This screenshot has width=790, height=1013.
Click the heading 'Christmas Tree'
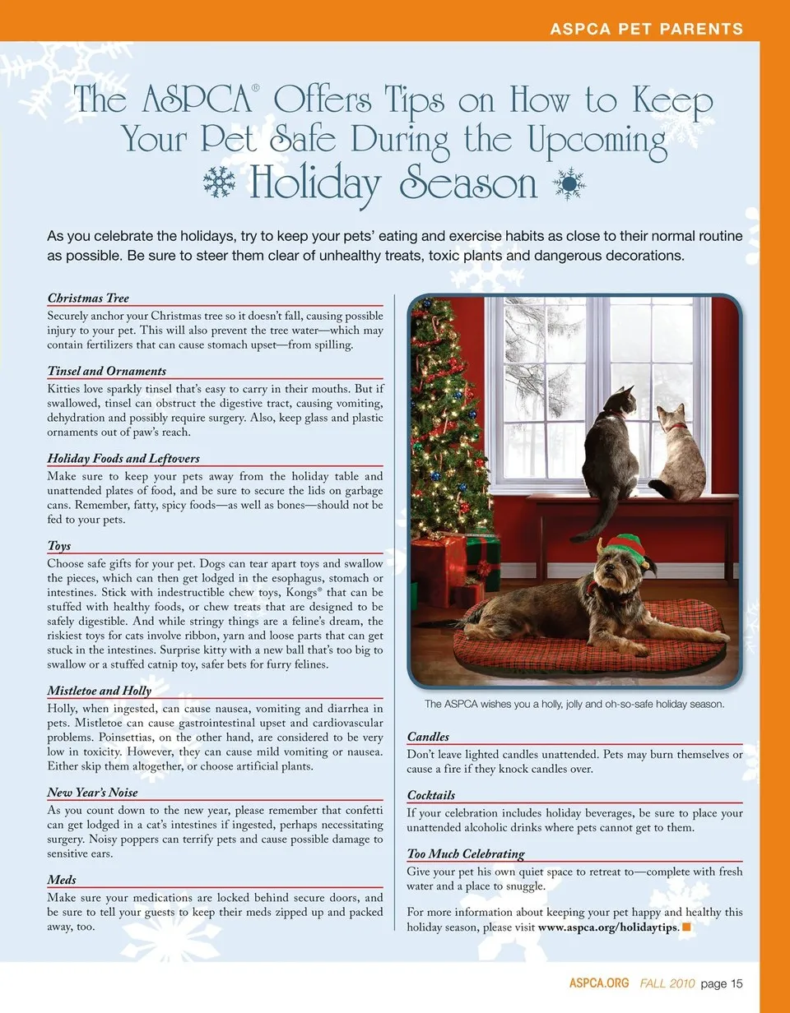point(88,298)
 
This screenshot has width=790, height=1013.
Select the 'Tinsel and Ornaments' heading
point(106,371)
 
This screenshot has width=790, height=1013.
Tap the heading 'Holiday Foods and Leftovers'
point(123,458)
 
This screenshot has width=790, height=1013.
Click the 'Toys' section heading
point(59,546)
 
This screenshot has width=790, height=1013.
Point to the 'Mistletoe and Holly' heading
point(100,691)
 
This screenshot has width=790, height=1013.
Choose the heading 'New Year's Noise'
point(92,793)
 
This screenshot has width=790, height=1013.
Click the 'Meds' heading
point(62,880)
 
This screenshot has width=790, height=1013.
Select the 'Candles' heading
point(428,737)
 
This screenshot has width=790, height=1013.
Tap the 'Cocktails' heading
point(431,795)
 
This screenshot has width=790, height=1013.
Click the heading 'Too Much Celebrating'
point(466,853)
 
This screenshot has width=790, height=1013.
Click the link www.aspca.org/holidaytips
point(608,927)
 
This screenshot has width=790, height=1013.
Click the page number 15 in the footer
point(734,983)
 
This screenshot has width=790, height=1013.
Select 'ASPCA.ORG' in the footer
point(599,983)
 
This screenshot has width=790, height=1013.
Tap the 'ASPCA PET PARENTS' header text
point(646,30)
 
